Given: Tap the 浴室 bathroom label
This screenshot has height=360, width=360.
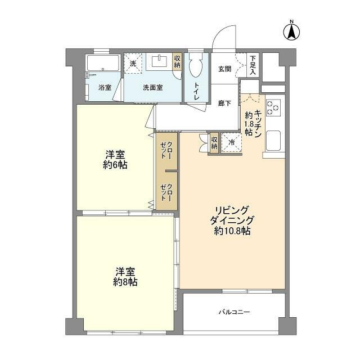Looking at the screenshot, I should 105,88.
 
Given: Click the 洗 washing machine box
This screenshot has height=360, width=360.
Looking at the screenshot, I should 133,64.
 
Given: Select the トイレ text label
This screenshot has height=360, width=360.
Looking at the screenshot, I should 197,91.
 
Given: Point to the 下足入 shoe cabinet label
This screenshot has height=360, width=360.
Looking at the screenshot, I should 253,65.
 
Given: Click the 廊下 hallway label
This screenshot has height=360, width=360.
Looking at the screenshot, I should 224,103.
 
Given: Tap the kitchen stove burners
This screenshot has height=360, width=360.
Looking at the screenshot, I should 274,107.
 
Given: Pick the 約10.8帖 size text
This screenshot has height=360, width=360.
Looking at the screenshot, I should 232,231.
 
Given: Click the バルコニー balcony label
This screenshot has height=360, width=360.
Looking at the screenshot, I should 234,312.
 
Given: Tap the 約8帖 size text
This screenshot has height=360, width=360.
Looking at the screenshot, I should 124,282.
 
